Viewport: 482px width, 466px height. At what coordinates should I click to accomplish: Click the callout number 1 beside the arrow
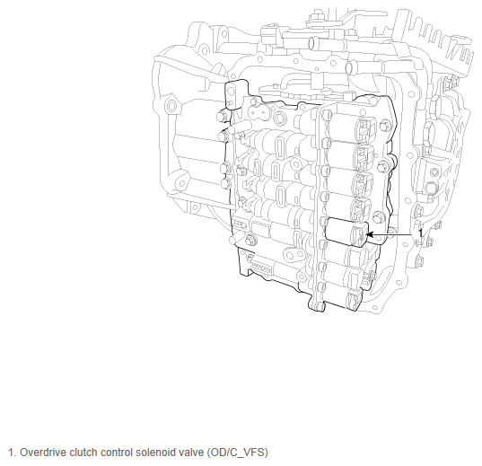[x=420, y=233]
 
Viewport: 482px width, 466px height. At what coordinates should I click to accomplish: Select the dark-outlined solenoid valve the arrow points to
[x=346, y=232]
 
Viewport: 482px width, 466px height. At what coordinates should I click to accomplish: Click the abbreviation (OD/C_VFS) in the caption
[x=238, y=453]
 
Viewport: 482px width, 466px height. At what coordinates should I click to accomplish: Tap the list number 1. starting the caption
[x=12, y=453]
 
